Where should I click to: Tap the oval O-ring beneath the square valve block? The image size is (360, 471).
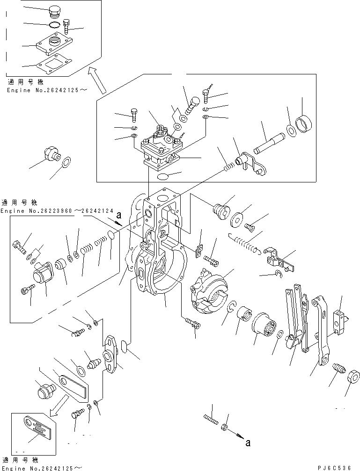tap(164, 176)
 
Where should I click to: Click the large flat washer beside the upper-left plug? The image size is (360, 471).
tap(66, 162)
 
